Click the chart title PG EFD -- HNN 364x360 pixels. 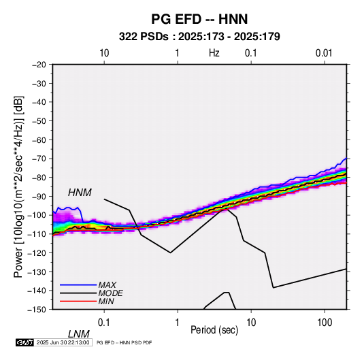click(199, 19)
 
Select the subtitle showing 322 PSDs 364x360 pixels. click(199, 37)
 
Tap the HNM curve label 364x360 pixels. click(80, 193)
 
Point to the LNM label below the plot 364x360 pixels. click(79, 334)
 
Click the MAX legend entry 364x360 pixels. click(107, 284)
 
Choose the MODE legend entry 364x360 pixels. click(110, 293)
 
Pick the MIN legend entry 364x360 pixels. click(106, 301)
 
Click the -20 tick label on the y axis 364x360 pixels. click(39, 65)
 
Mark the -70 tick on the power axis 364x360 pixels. click(39, 159)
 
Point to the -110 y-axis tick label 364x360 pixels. click(37, 234)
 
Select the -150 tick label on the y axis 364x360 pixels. click(37, 310)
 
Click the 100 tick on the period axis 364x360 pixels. click(325, 323)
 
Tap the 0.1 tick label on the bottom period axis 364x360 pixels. click(104, 323)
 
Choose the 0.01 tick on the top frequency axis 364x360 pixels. click(324, 53)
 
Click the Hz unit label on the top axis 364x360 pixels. click(214, 53)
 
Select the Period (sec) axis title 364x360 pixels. click(214, 330)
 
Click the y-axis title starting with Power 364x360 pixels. click(18, 186)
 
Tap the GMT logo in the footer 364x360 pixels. click(25, 342)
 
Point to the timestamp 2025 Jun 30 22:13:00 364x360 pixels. click(63, 342)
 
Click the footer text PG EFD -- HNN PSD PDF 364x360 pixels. click(125, 342)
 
